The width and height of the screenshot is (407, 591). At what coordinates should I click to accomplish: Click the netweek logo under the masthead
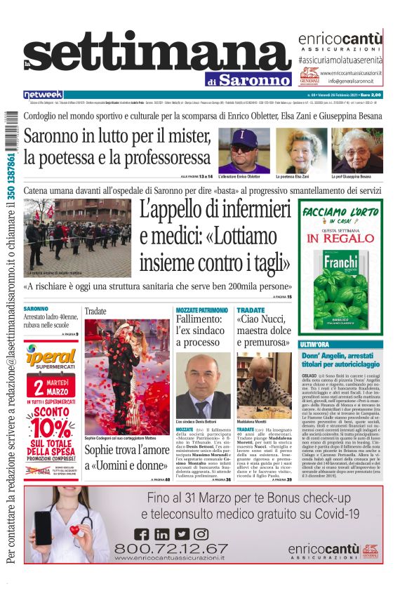pyautogui.click(x=43, y=95)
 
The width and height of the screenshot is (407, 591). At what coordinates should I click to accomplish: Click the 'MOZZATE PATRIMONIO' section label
pyautogui.click(x=202, y=310)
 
